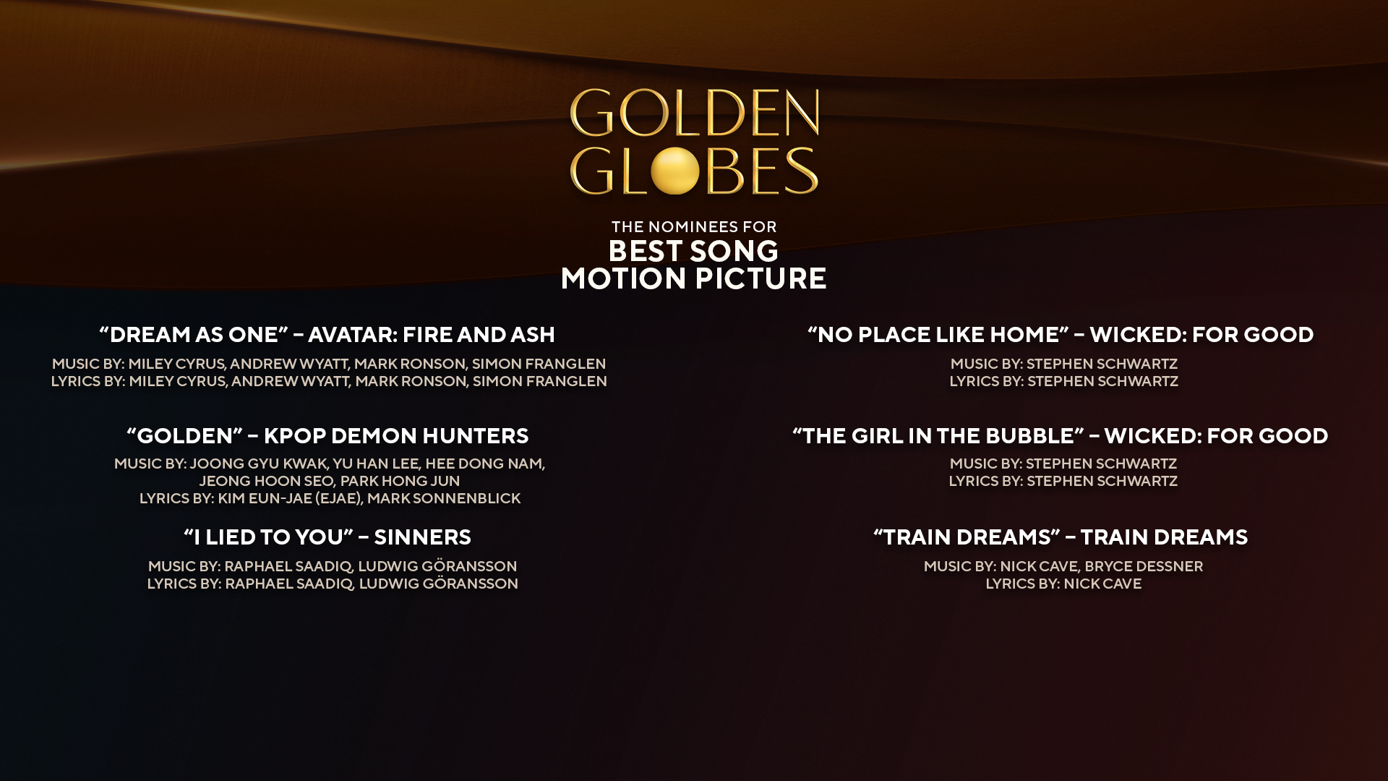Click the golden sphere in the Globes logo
pyautogui.click(x=674, y=171)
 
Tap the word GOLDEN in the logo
pyautogui.click(x=694, y=114)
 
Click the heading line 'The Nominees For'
pyautogui.click(x=694, y=226)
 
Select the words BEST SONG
pyautogui.click(x=694, y=251)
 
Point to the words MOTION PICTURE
pyautogui.click(x=694, y=279)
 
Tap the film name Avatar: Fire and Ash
pyautogui.click(x=432, y=334)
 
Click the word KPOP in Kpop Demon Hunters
pyautogui.click(x=296, y=435)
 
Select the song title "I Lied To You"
pyautogui.click(x=268, y=537)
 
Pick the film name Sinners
pyautogui.click(x=422, y=537)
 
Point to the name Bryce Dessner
pyautogui.click(x=1144, y=566)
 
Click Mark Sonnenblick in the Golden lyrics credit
pyautogui.click(x=444, y=498)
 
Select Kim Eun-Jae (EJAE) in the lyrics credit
pyautogui.click(x=289, y=498)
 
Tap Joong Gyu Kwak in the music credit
pyautogui.click(x=258, y=464)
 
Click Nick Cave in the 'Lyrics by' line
pyautogui.click(x=1102, y=584)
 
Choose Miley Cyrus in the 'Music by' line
pyautogui.click(x=176, y=364)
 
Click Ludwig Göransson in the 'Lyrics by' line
pyautogui.click(x=438, y=584)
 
